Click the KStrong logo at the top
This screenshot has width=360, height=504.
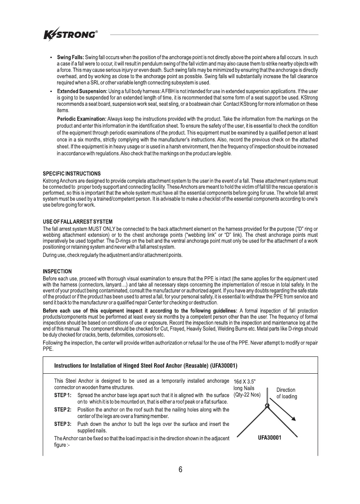(70, 35)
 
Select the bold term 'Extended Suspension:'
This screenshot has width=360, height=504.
(82, 90)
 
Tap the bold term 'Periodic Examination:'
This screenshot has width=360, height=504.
(81, 119)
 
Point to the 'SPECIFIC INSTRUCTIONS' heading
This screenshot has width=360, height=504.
(72, 174)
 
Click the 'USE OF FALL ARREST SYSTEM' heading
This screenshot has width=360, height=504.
(78, 222)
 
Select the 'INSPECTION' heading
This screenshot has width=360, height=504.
(58, 271)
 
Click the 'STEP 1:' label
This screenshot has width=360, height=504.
(63, 395)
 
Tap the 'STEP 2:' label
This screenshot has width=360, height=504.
(63, 410)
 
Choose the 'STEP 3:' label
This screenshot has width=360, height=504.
(63, 423)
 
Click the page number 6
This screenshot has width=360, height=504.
(180, 470)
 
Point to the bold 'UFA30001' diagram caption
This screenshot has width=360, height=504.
(269, 438)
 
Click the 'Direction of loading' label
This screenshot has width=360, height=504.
(286, 393)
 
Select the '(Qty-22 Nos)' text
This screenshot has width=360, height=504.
(247, 395)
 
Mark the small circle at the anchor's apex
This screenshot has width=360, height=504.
(267, 405)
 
